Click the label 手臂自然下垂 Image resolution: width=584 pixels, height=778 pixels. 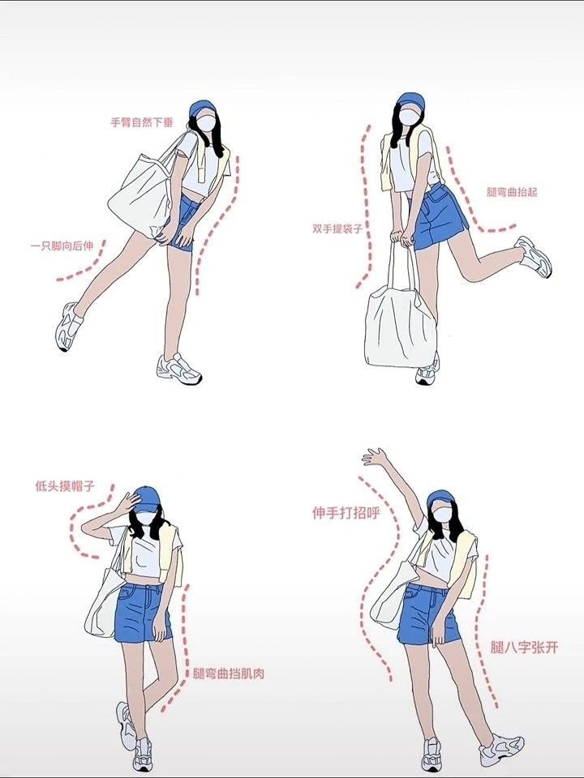[141, 122]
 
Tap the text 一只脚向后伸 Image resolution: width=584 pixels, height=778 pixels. [62, 246]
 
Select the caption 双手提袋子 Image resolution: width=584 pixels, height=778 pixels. [337, 229]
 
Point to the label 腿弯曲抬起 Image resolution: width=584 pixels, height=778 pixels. [512, 192]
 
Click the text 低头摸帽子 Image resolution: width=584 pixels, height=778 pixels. [65, 485]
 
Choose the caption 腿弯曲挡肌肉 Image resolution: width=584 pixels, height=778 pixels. [229, 673]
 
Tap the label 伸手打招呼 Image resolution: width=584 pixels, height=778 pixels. [346, 512]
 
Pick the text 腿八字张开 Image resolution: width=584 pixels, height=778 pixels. [525, 647]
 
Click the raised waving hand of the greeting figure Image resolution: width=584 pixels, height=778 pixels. [375, 456]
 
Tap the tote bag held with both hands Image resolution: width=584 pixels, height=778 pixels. [401, 318]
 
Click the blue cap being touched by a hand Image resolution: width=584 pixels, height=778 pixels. [146, 498]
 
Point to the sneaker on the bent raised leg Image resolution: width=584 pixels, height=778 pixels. [535, 256]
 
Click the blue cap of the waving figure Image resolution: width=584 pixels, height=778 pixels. [440, 498]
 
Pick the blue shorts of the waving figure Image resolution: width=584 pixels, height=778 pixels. [428, 614]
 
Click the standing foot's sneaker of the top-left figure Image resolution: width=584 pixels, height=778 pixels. [179, 370]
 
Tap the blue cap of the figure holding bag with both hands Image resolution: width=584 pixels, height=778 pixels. [410, 100]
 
